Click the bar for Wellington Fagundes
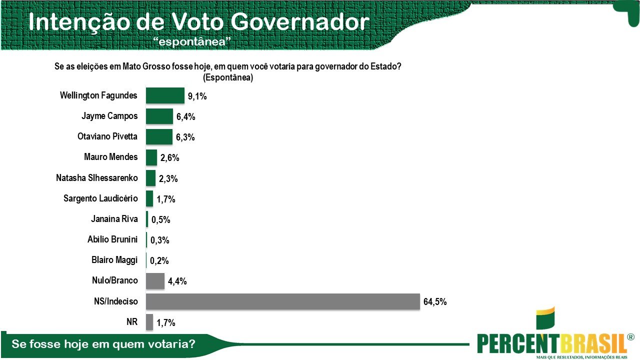coord(165,95)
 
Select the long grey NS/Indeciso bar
coord(282,301)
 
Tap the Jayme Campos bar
coord(159,116)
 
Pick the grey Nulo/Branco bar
coord(155,280)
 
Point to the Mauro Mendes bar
coord(151,157)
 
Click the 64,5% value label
coord(434,302)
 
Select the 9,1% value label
coord(197,96)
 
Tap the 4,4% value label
coord(177,281)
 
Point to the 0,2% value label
coord(159,260)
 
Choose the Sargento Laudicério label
coord(100,198)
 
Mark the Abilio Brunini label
coord(112,239)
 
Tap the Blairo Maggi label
coord(114,259)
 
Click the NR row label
coord(132,321)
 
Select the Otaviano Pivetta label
coord(107,136)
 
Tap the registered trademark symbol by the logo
coord(631,337)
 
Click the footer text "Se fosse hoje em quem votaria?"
coord(103,344)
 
